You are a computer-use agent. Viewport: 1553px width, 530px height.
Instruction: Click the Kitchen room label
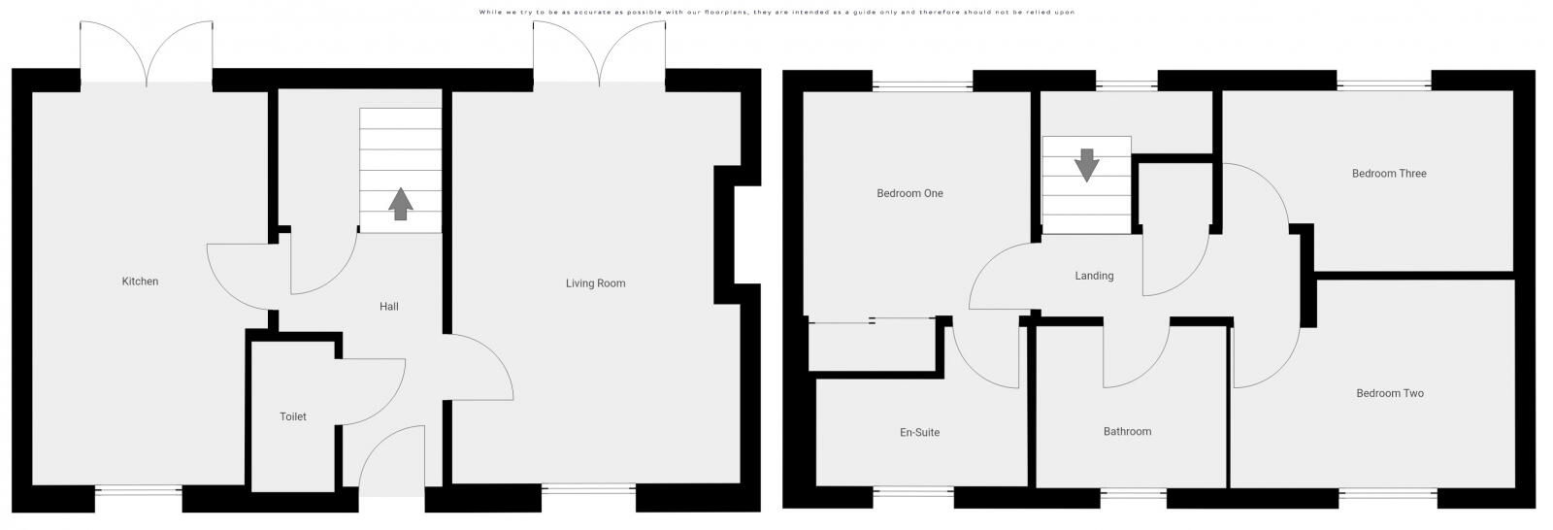[x=140, y=281]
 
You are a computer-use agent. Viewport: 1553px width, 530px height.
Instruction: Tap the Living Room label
[x=596, y=283]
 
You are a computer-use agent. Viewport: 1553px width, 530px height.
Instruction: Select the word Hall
[x=389, y=306]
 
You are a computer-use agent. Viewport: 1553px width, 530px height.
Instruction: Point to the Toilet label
[x=292, y=416]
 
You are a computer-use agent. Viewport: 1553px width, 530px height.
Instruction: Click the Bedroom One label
[x=909, y=193]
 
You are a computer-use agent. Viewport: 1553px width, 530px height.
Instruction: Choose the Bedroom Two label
[x=1390, y=392]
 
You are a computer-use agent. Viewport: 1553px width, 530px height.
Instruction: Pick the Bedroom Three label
[x=1389, y=173]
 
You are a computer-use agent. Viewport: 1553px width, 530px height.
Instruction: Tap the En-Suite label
[x=920, y=432]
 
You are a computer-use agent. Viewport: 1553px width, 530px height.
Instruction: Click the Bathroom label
[x=1127, y=431]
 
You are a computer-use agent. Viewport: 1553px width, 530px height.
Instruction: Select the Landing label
[x=1094, y=276]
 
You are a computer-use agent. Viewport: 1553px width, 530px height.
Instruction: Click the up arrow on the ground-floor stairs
[x=401, y=203]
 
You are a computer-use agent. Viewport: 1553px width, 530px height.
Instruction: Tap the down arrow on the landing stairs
[x=1086, y=165]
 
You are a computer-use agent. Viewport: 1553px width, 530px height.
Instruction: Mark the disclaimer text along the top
[x=776, y=12]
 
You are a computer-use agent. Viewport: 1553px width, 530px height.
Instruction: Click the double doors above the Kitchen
[x=147, y=53]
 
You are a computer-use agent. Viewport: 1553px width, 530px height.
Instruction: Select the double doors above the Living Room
[x=599, y=53]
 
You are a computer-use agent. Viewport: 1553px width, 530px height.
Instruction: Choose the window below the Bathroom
[x=1133, y=494]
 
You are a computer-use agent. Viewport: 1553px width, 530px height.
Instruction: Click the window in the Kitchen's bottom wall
[x=138, y=490]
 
